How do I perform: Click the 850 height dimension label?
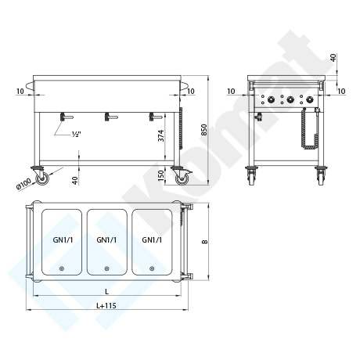(204, 130)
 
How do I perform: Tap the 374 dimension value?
(161, 135)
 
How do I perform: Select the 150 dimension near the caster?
(161, 175)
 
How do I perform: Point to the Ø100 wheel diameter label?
(24, 184)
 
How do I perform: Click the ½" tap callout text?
(77, 134)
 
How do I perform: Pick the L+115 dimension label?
(106, 305)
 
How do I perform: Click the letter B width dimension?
(205, 242)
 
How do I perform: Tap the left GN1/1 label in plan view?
(63, 239)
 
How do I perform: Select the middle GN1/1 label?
(106, 239)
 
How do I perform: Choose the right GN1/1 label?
(152, 239)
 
